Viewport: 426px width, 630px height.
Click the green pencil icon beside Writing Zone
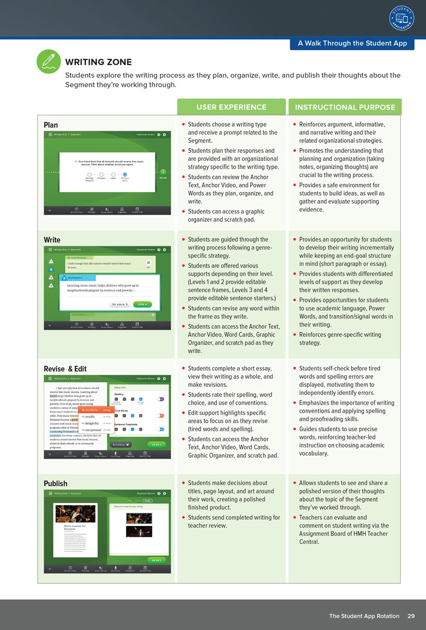pos(49,61)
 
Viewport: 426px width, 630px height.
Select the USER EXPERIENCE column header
pos(231,107)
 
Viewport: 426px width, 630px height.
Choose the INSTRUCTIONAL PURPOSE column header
pos(345,107)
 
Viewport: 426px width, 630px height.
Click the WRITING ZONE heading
pos(98,62)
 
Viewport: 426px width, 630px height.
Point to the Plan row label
pos(51,125)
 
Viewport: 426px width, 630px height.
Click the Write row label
pos(52,240)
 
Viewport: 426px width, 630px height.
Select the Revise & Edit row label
pos(65,369)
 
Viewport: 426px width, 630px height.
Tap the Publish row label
pos(55,483)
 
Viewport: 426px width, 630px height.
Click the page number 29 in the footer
pos(411,616)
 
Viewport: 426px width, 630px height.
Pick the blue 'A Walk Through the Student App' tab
pos(352,43)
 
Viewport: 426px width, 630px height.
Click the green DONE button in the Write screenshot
pos(142,304)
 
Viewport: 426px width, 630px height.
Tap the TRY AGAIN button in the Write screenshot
pos(119,304)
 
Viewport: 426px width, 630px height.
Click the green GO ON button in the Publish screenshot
pos(156,560)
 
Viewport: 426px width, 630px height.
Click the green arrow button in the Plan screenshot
pos(163,172)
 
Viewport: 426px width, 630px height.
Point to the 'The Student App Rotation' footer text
pos(364,616)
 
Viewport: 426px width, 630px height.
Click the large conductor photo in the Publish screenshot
pos(75,513)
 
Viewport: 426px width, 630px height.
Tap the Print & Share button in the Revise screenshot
pos(121,444)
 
